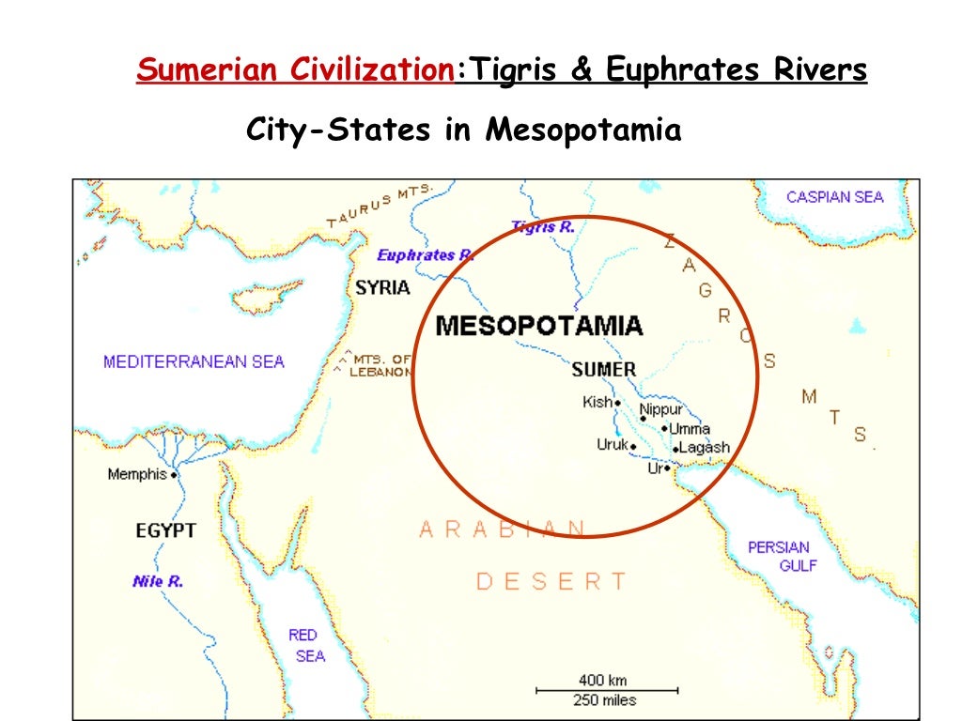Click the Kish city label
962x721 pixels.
[597, 403]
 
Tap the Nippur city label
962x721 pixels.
[661, 409]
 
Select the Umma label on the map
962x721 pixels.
[690, 429]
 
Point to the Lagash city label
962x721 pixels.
[704, 448]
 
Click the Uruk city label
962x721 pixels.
[612, 445]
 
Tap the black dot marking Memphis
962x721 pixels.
[175, 475]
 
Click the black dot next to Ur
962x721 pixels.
[668, 468]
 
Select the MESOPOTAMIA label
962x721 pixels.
[539, 326]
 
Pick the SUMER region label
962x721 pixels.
[603, 370]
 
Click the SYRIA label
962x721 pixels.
[382, 288]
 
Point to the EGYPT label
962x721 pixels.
[165, 530]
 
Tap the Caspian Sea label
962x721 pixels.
[834, 197]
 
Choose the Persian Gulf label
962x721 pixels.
[779, 556]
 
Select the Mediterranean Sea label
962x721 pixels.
[194, 361]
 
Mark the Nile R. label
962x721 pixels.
[158, 582]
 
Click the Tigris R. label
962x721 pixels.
[543, 226]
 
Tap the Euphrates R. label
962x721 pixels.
[426, 255]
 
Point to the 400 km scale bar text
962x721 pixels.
[602, 680]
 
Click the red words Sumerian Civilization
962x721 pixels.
[296, 70]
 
